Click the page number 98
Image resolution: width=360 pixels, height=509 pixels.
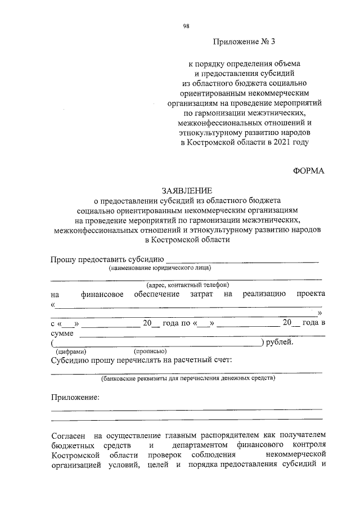[x=186, y=25]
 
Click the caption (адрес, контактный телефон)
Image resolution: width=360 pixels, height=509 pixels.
[x=187, y=285]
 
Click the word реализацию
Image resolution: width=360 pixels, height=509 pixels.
[x=264, y=294]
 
